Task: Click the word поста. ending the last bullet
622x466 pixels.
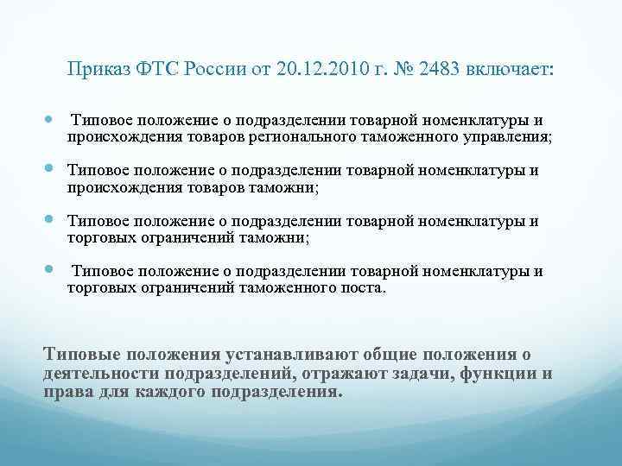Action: (x=362, y=287)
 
